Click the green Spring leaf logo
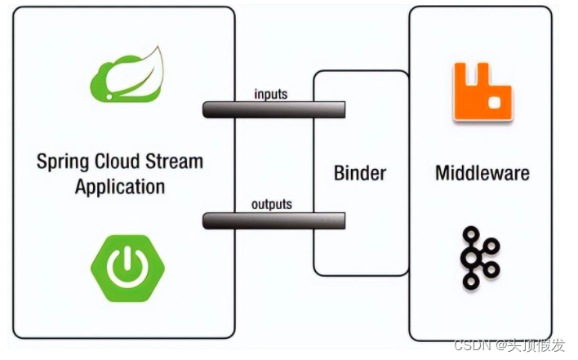tap(126, 73)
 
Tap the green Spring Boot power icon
tap(127, 268)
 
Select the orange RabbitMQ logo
tap(482, 92)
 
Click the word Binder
tap(360, 173)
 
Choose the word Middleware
tap(482, 173)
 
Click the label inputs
tap(271, 94)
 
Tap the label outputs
tap(271, 204)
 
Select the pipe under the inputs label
tap(273, 109)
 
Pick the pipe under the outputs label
tap(273, 220)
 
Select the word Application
tap(119, 186)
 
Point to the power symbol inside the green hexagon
tap(127, 267)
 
